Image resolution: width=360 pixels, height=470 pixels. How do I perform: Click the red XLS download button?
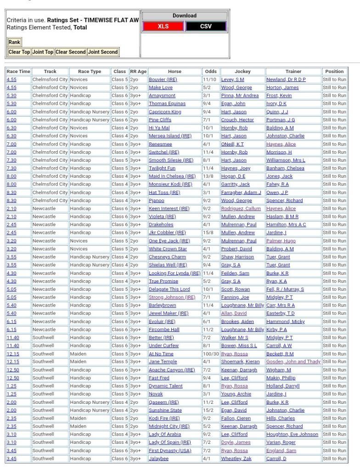163,26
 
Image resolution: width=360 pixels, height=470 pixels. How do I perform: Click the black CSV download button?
206,26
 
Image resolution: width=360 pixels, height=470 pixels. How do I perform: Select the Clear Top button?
19,52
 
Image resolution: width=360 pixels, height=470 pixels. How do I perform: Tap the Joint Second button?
103,52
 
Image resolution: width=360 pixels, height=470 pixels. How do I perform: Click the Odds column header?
211,71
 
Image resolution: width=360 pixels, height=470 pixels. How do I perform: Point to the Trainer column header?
293,71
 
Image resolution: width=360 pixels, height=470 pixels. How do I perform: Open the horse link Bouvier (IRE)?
163,79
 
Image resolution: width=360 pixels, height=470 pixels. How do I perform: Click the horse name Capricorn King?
165,112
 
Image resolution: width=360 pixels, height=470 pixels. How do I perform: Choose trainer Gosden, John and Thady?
293,362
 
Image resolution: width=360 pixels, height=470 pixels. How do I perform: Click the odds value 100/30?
211,354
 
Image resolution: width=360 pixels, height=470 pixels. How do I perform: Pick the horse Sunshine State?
165,410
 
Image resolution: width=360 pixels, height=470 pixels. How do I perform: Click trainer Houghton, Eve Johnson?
292,434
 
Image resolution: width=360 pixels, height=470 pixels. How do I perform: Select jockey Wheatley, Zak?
236,459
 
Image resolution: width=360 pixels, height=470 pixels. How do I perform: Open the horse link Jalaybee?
159,459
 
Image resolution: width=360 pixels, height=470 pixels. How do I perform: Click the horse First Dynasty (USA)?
169,451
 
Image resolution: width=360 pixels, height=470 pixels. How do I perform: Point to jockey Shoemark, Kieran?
240,362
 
